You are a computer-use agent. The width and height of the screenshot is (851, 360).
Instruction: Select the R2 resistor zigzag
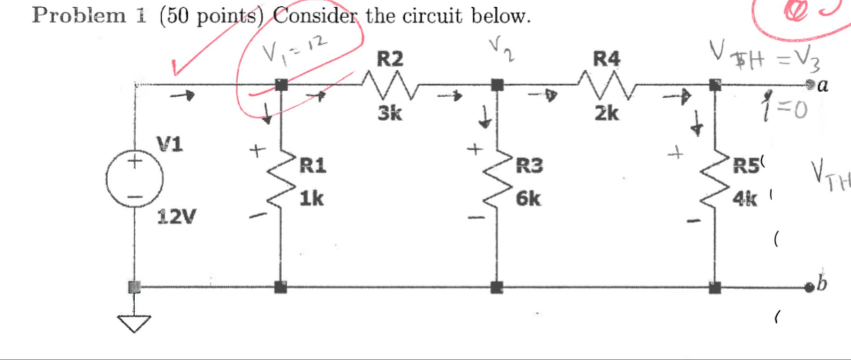390,85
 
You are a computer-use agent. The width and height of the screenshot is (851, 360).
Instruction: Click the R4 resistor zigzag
606,85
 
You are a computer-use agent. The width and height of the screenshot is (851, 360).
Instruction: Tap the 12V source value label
176,217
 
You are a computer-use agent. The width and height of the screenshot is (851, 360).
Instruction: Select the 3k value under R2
390,113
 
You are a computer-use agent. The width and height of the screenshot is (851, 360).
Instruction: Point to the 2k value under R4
606,113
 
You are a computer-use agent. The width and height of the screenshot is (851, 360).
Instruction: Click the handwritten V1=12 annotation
294,48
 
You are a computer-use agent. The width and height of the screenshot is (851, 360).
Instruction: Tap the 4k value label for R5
745,198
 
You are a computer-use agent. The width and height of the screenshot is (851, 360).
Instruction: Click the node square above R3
498,85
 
